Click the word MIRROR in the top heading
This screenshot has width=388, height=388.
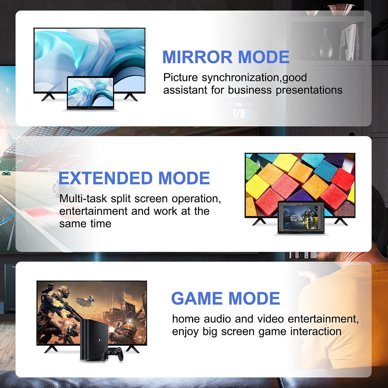(x=197, y=57)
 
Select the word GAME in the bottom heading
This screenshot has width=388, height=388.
(x=197, y=298)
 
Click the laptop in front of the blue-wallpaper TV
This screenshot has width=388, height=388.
(x=90, y=94)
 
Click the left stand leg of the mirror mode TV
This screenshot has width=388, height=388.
(x=48, y=97)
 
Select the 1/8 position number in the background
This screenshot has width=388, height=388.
(x=239, y=114)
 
